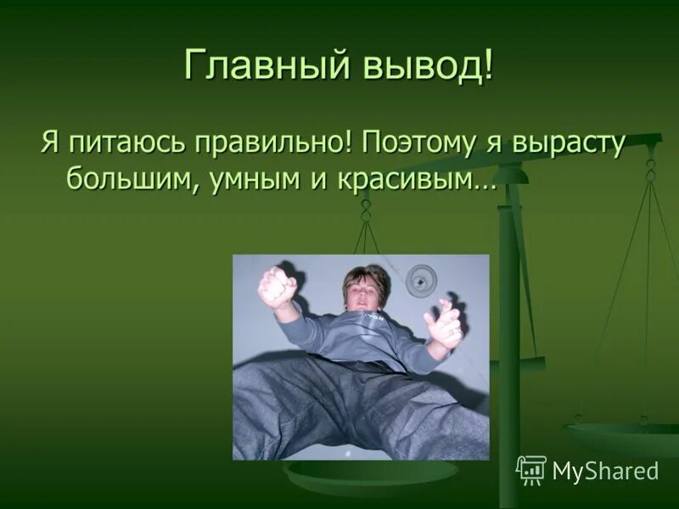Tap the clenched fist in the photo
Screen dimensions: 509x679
pyautogui.click(x=278, y=286)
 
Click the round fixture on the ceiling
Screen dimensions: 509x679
pyautogui.click(x=421, y=280)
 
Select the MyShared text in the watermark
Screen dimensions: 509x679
pyautogui.click(x=605, y=471)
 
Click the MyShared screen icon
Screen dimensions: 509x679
pyautogui.click(x=531, y=470)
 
